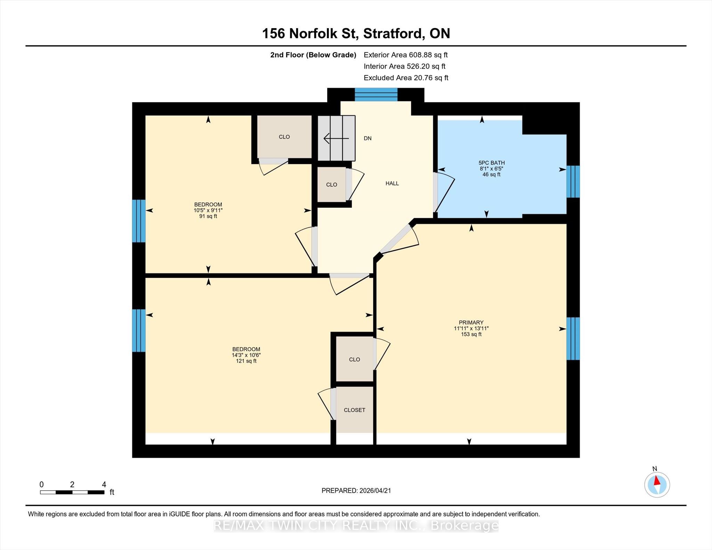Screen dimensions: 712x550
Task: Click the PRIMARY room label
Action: point(471,322)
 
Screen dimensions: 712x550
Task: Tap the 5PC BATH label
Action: point(492,163)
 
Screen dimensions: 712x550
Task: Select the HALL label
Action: point(392,183)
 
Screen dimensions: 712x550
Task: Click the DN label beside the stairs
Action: point(367,138)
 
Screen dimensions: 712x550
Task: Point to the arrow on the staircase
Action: point(336,139)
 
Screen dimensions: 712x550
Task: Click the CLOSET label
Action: point(355,410)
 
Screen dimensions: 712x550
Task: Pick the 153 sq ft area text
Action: point(471,334)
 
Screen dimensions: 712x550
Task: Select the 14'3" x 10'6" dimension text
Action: point(246,355)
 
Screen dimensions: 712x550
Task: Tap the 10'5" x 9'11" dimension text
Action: point(208,210)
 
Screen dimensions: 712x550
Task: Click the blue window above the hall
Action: point(376,95)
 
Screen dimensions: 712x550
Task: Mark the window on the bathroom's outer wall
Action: point(573,181)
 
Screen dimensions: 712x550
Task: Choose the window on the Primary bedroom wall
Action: point(573,338)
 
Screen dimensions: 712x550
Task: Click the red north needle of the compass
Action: point(657,481)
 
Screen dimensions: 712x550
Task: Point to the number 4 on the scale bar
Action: point(104,484)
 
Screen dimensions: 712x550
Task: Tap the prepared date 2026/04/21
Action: point(375,491)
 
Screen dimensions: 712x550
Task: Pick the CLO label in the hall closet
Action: point(332,185)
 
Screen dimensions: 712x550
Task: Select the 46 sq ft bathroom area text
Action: point(492,174)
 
